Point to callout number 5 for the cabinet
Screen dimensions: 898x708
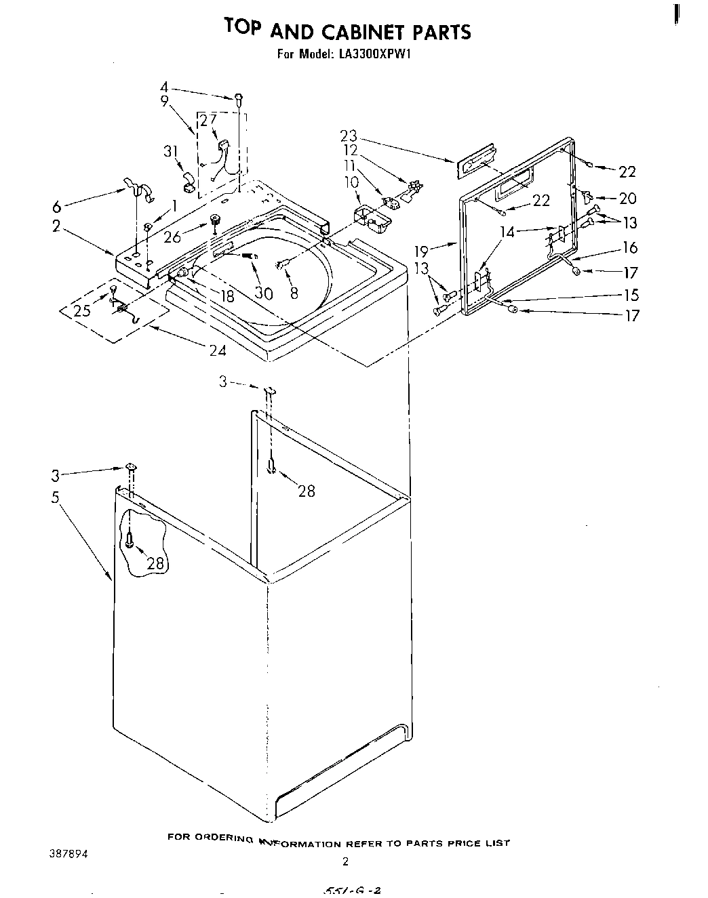pos(56,497)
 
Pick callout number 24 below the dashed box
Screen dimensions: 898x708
pos(218,350)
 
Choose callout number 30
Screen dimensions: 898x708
pos(263,293)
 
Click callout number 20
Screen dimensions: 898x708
pos(628,198)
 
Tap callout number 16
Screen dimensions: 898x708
pos(630,249)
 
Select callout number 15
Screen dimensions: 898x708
pos(631,295)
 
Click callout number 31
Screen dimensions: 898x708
pos(170,152)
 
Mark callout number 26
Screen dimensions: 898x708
pos(172,237)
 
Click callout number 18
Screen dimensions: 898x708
pos(227,296)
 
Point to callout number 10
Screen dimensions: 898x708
pos(351,182)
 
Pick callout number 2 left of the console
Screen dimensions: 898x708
pos(57,227)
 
